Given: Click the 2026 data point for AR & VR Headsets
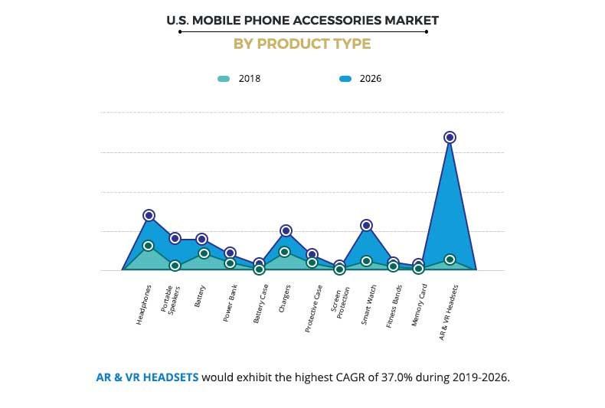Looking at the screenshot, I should [450, 137].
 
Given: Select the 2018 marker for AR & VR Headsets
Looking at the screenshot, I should [450, 259].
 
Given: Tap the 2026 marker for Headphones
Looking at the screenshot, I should [149, 215].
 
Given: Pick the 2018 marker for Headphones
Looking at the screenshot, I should [149, 246].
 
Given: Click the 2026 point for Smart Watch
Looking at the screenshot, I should [366, 225].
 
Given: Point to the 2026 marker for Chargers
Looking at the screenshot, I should [286, 230].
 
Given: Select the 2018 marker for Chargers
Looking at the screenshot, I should [284, 252].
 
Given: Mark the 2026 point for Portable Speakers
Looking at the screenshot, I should [175, 238].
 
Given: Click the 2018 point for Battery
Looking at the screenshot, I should [204, 253].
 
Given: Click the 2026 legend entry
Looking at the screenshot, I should [361, 78].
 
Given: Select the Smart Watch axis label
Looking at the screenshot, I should [368, 305].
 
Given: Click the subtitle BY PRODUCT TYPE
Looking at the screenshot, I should [302, 44].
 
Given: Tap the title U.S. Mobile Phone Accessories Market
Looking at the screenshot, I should [302, 19].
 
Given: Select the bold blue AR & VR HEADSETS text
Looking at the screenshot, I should [146, 377].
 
